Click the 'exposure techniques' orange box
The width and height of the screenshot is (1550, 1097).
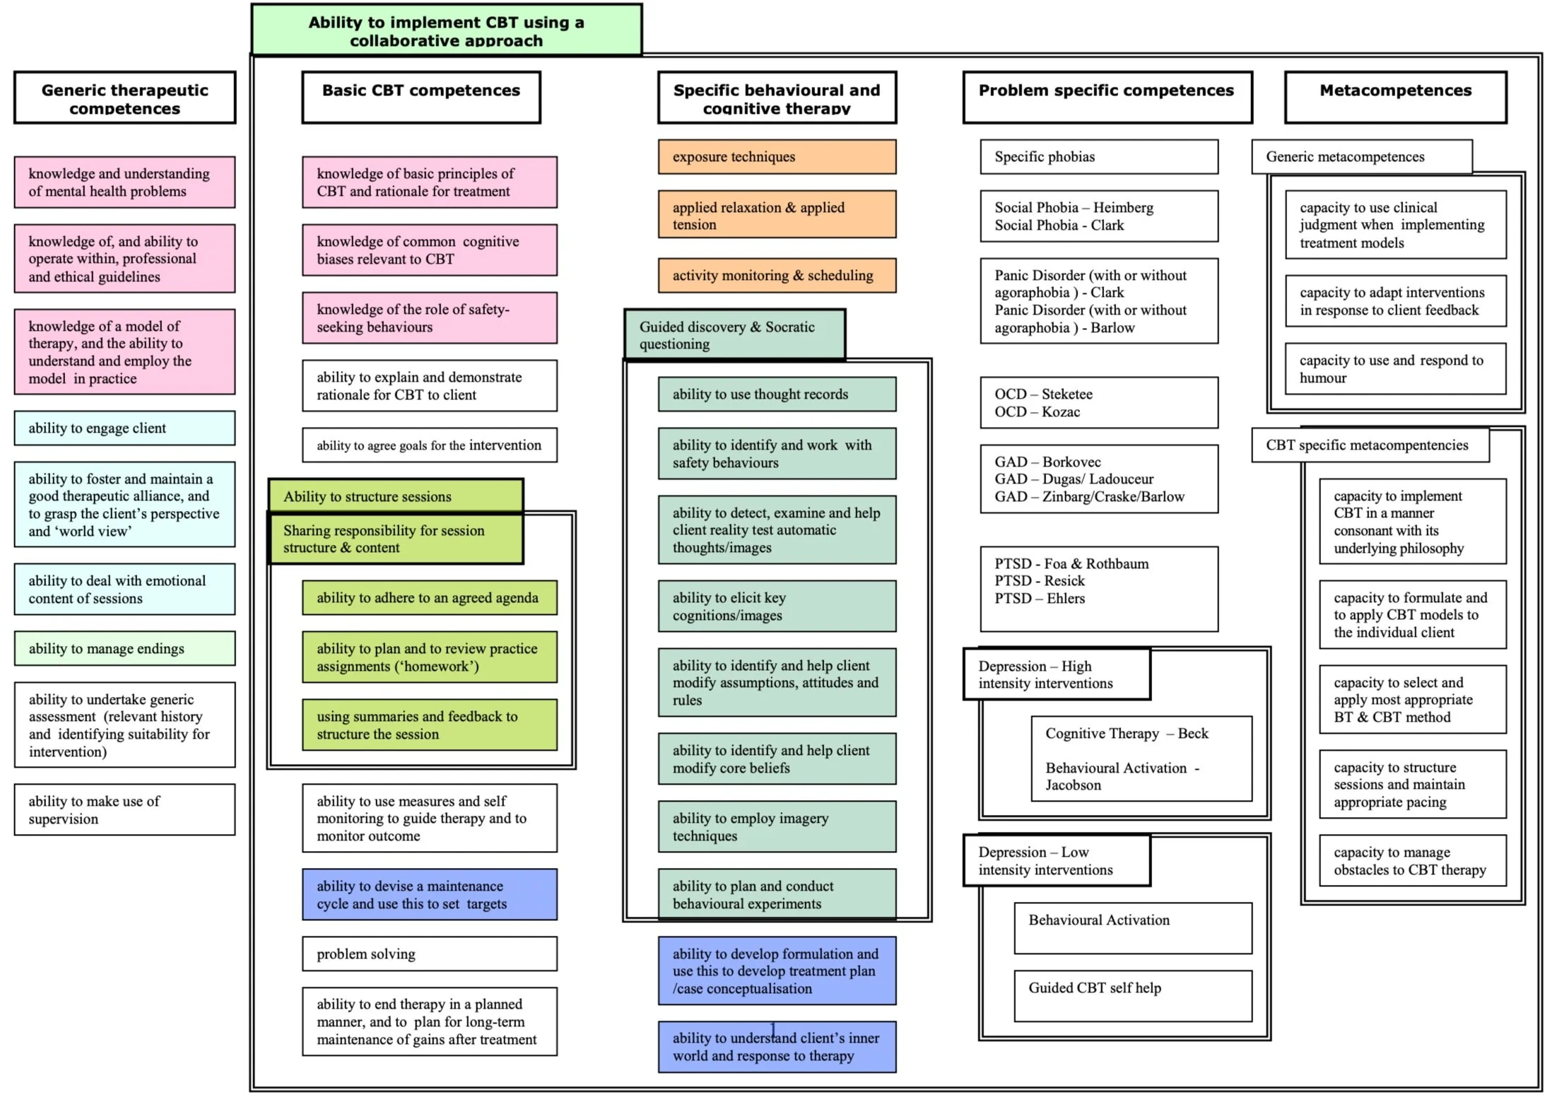coord(776,157)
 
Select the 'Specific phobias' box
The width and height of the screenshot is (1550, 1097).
coord(1098,157)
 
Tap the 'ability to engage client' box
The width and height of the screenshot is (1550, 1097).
coord(124,428)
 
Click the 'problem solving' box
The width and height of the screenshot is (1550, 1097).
coord(429,954)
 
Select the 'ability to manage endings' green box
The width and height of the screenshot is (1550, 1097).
coord(124,649)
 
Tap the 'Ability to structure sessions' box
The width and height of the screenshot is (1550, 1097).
coord(395,496)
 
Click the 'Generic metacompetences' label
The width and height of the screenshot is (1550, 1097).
coord(1361,157)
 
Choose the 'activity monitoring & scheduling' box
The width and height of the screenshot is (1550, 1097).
coord(776,276)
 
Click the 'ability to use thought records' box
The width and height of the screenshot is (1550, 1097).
coord(776,394)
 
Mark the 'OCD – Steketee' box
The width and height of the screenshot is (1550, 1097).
coord(1098,403)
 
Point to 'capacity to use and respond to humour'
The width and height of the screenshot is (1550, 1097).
coord(1395,369)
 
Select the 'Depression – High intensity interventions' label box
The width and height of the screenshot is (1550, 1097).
coord(1056,674)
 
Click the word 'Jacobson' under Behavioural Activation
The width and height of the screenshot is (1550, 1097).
coord(1073,785)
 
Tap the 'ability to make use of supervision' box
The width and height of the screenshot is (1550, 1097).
coord(124,810)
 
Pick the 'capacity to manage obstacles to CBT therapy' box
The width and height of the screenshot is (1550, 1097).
coord(1411,861)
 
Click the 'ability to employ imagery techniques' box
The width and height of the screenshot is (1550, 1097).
coord(776,827)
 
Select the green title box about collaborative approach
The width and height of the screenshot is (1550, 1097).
coord(446,30)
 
